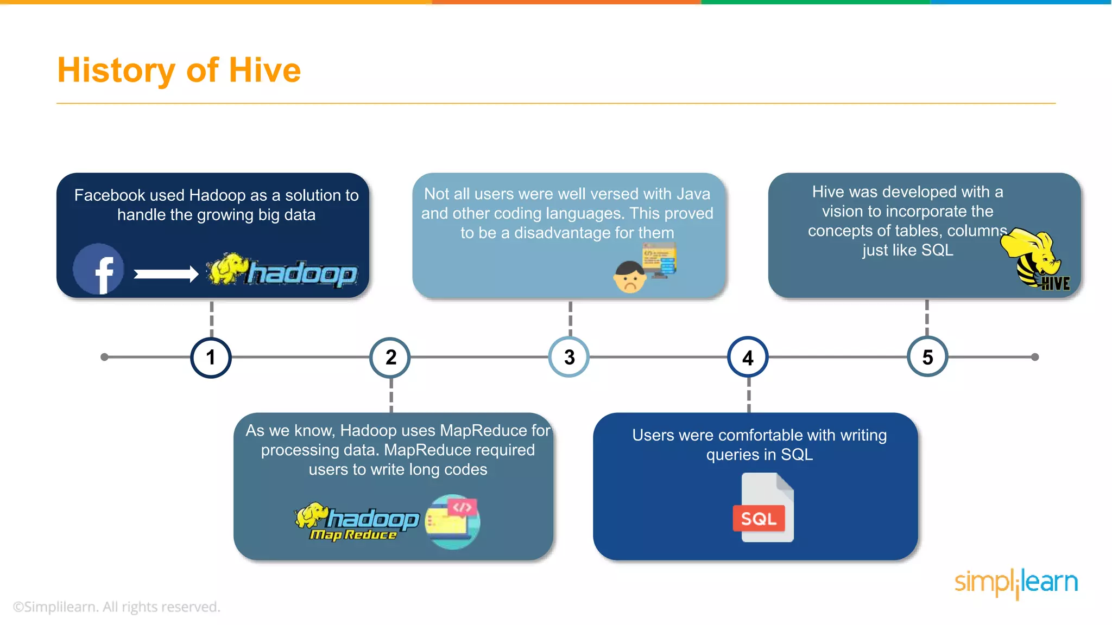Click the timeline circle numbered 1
click(x=211, y=358)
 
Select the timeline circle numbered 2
click(x=390, y=358)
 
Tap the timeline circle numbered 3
click(x=569, y=357)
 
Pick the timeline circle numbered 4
click(x=748, y=358)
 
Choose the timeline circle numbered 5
click(x=927, y=357)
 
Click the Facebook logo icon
click(x=99, y=269)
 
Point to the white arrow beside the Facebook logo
click(x=166, y=274)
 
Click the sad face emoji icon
click(x=630, y=277)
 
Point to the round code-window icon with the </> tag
click(x=453, y=521)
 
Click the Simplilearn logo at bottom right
click(x=1016, y=583)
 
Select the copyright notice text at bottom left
click(x=117, y=607)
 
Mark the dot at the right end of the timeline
click(x=1035, y=357)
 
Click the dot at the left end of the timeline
click(x=104, y=357)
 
